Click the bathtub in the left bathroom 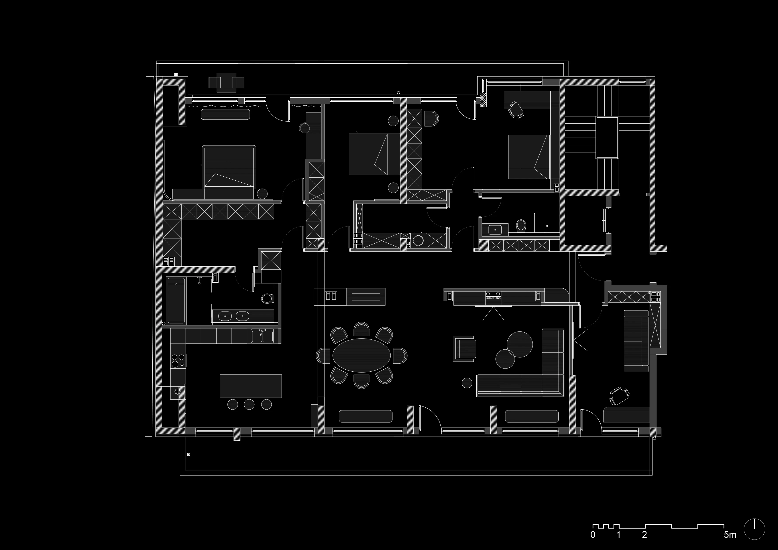coord(176,300)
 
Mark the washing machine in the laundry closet coord(418,240)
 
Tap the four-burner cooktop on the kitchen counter coord(178,361)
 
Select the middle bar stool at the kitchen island coord(250,404)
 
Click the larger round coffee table coord(519,344)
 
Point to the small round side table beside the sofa coord(467,383)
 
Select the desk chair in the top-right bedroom coord(516,109)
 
